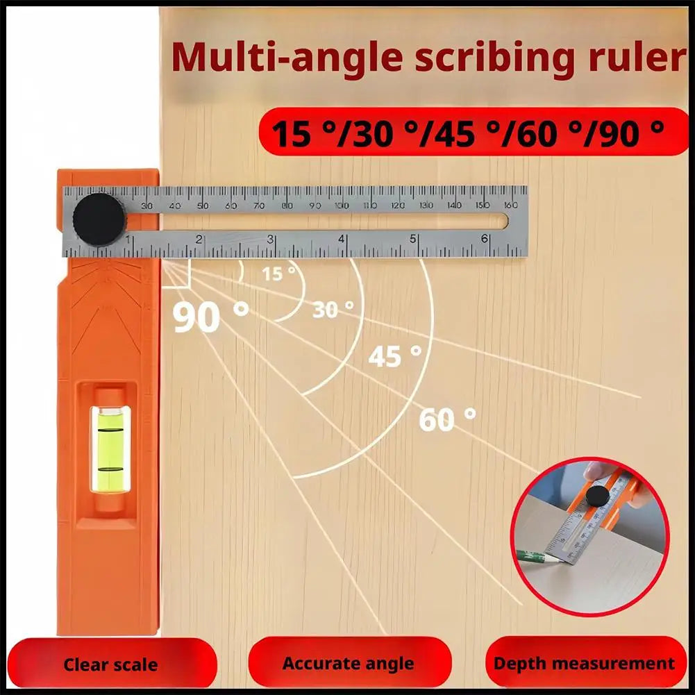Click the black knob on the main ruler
99,219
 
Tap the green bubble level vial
110,449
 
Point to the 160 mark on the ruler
511,205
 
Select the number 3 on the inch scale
271,239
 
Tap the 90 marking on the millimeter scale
315,206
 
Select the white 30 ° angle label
333,308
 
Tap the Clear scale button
110,664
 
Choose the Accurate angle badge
349,664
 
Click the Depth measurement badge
584,663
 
